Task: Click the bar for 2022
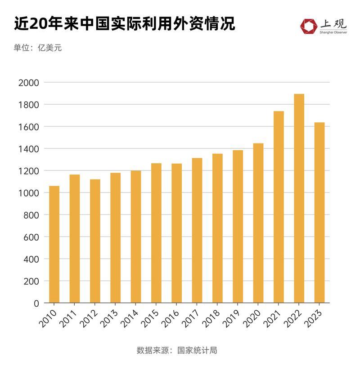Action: (299, 198)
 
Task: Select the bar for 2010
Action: (54, 244)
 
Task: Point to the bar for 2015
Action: (156, 233)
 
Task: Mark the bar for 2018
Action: (217, 228)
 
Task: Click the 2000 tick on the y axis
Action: (29, 83)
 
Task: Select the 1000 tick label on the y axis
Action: (29, 193)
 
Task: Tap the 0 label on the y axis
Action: (36, 303)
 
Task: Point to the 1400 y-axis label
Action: (29, 149)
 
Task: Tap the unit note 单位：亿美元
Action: (37, 48)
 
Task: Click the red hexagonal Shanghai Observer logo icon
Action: (309, 26)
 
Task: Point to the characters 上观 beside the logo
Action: (333, 23)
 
